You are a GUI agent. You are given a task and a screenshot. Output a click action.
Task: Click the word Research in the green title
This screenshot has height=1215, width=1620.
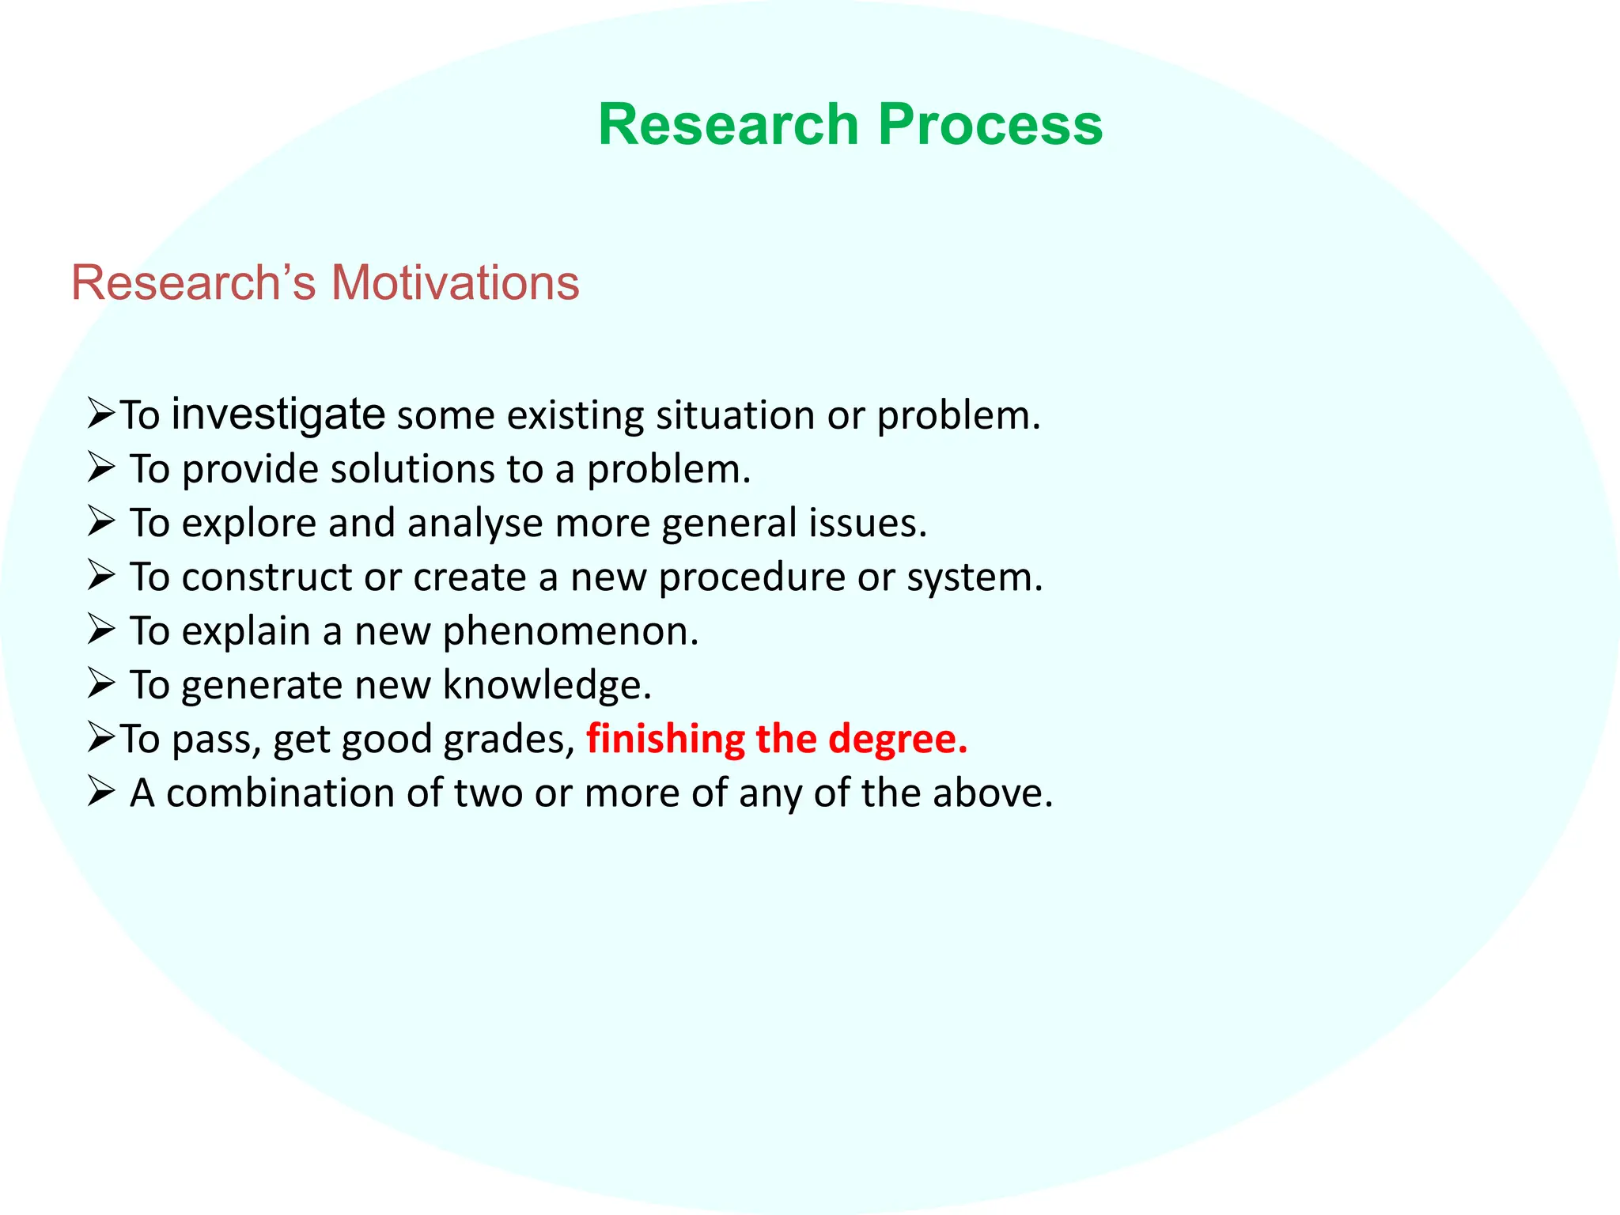click(x=728, y=125)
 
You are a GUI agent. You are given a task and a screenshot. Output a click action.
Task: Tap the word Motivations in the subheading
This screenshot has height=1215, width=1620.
click(x=455, y=282)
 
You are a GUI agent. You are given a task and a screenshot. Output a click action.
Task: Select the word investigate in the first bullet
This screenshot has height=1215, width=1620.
click(x=278, y=414)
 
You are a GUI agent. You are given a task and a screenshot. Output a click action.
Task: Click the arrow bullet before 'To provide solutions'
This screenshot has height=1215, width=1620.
click(x=101, y=467)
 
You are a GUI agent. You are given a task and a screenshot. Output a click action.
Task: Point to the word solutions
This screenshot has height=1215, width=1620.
click(x=412, y=469)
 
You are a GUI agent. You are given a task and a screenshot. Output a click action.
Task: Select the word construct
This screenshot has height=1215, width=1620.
click(x=266, y=577)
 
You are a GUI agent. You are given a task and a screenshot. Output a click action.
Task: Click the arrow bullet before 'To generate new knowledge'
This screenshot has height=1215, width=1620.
click(x=101, y=683)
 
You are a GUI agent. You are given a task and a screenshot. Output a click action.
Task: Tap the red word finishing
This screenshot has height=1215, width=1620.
click(x=665, y=739)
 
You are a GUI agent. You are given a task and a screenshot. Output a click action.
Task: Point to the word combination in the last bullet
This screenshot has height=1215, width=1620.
click(x=280, y=793)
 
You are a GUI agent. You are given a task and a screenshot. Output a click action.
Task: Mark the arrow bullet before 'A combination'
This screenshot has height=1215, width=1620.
click(x=101, y=791)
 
